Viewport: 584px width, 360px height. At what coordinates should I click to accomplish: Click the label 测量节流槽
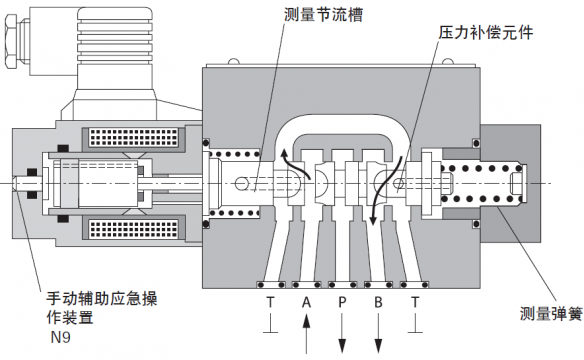point(323,15)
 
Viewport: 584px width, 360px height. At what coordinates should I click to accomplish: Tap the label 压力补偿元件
point(486,33)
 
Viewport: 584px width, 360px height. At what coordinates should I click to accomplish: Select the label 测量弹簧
point(551,314)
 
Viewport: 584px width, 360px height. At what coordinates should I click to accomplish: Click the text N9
point(61,337)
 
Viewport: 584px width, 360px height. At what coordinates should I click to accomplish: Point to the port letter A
point(306,302)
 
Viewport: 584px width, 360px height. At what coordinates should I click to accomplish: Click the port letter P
point(342,302)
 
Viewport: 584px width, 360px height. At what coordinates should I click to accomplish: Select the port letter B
point(378,302)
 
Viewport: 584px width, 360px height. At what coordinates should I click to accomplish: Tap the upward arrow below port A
point(306,334)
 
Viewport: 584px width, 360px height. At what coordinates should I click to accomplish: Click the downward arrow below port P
point(342,334)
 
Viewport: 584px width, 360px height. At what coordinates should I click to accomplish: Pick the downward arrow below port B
point(378,334)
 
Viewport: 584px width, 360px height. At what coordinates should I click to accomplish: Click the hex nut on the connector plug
point(12,41)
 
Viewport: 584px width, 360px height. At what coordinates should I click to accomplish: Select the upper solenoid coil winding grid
point(134,137)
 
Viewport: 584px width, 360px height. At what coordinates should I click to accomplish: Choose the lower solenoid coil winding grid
point(134,229)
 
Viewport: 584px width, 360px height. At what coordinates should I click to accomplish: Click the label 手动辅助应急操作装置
point(102,308)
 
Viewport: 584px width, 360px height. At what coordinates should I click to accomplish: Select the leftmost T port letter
point(270,302)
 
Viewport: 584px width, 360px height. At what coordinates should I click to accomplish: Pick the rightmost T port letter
point(415,302)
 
